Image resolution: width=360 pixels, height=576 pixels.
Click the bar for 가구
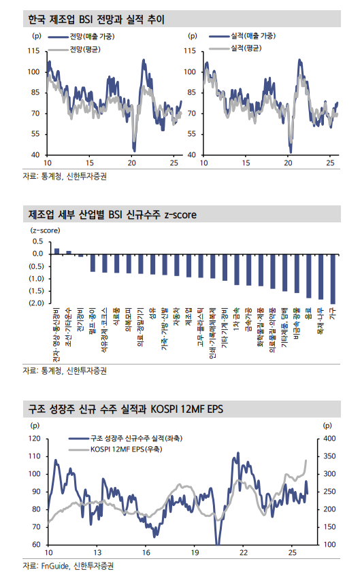tap(333, 279)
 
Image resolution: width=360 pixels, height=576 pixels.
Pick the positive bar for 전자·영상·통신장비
tap(56, 251)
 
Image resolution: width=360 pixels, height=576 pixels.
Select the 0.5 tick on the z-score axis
tap(38, 241)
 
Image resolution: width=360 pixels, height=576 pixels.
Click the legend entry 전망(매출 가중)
tap(93, 35)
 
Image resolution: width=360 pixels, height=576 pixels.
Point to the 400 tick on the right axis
tap(329, 439)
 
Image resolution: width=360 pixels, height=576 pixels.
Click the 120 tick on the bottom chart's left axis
tap(34, 439)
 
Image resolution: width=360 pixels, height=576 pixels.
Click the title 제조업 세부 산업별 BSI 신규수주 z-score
tap(113, 215)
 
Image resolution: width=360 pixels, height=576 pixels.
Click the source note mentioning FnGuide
tap(68, 565)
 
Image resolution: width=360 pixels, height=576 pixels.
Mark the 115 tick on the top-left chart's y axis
tap(33, 51)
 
